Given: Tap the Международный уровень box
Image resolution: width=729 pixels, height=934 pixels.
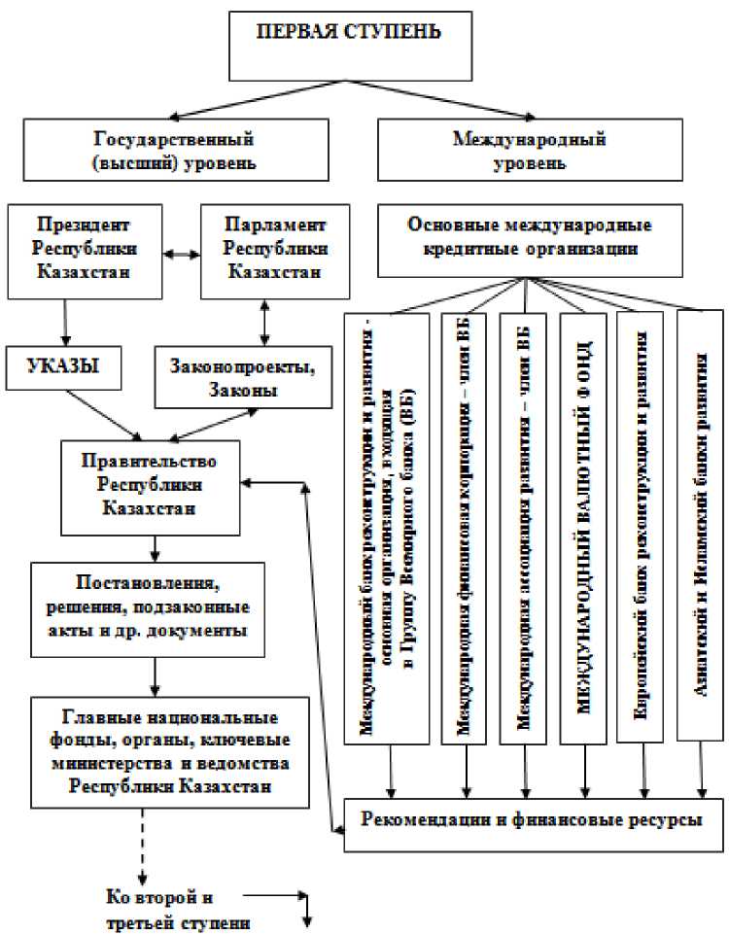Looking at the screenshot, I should [x=528, y=150].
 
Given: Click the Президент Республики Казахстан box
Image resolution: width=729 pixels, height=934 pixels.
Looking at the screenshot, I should [x=85, y=250].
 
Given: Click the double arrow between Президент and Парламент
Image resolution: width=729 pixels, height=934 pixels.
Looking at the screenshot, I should [x=181, y=255].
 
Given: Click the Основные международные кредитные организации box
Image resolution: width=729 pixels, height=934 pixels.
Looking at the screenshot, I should [x=529, y=236].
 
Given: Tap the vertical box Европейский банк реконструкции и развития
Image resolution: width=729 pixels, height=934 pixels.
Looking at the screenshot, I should [x=641, y=525].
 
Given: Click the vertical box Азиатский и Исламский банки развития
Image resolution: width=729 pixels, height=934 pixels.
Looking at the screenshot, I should [x=699, y=525].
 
